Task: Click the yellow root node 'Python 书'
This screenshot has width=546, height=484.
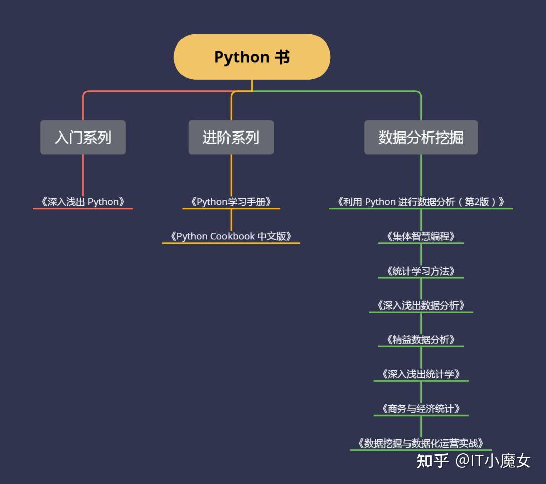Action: tap(252, 57)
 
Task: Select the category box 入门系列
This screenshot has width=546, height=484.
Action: tap(83, 137)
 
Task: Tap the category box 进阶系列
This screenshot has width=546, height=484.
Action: tap(231, 137)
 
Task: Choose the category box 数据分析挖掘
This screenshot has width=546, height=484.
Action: tap(421, 137)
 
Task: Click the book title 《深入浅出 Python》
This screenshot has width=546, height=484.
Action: tap(83, 202)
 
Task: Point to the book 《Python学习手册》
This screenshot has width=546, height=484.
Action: tap(231, 202)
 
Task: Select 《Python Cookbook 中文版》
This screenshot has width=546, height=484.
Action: tap(231, 236)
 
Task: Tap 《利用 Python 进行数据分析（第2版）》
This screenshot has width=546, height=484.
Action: tap(421, 202)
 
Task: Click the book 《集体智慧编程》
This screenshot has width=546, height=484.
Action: tap(421, 236)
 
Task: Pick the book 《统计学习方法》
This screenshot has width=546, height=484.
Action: tap(421, 271)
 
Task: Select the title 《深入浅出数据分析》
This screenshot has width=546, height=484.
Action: tap(421, 305)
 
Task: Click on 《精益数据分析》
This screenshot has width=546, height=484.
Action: tap(421, 339)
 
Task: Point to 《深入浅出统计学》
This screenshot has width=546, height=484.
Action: tap(421, 374)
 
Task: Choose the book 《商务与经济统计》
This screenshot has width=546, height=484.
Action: tap(421, 408)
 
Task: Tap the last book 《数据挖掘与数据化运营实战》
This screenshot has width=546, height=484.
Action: tap(421, 443)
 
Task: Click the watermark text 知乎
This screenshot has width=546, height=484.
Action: tap(432, 461)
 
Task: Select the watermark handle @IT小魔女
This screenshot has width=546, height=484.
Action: tap(492, 461)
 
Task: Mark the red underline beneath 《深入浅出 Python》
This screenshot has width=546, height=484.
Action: tap(83, 209)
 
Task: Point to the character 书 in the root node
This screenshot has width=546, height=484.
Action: tap(282, 57)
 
